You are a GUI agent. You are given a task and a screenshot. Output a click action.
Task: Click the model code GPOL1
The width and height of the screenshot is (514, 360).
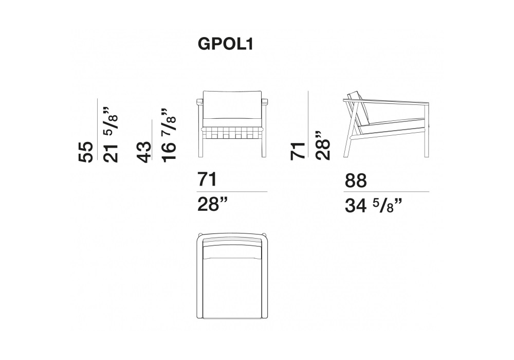tap(226, 44)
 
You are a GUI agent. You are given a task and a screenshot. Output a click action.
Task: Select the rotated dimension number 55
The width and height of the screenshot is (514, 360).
tap(86, 152)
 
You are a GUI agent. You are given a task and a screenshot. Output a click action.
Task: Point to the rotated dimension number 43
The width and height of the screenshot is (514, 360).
tap(144, 152)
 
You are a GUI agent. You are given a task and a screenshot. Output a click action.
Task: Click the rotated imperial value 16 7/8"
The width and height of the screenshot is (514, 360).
tap(169, 135)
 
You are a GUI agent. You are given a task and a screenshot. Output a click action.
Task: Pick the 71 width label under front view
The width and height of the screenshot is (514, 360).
tap(207, 179)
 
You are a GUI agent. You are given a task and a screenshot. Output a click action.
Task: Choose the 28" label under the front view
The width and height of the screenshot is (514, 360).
tap(212, 205)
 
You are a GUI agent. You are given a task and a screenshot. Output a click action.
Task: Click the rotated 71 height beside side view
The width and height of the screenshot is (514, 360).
tap(298, 151)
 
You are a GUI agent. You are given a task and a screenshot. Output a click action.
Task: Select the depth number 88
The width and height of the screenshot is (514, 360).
tap(356, 181)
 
